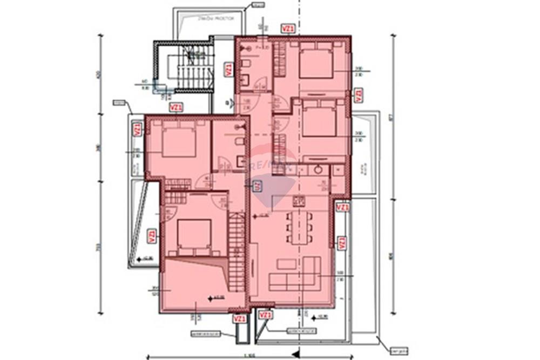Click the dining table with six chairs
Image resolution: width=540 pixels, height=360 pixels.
299,226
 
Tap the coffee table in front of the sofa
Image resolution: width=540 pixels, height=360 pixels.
286,263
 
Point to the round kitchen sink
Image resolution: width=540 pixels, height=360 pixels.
318,169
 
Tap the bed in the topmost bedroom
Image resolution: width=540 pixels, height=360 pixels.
315,62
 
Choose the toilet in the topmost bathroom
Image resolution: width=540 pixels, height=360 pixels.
246,64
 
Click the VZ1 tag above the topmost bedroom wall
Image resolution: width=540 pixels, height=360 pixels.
288,29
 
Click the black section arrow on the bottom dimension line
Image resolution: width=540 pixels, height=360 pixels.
296,354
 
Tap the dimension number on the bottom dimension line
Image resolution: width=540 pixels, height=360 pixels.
249,355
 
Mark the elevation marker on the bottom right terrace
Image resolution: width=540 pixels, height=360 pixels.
320,316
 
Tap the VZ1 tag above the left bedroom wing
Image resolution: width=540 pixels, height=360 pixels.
176,107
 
